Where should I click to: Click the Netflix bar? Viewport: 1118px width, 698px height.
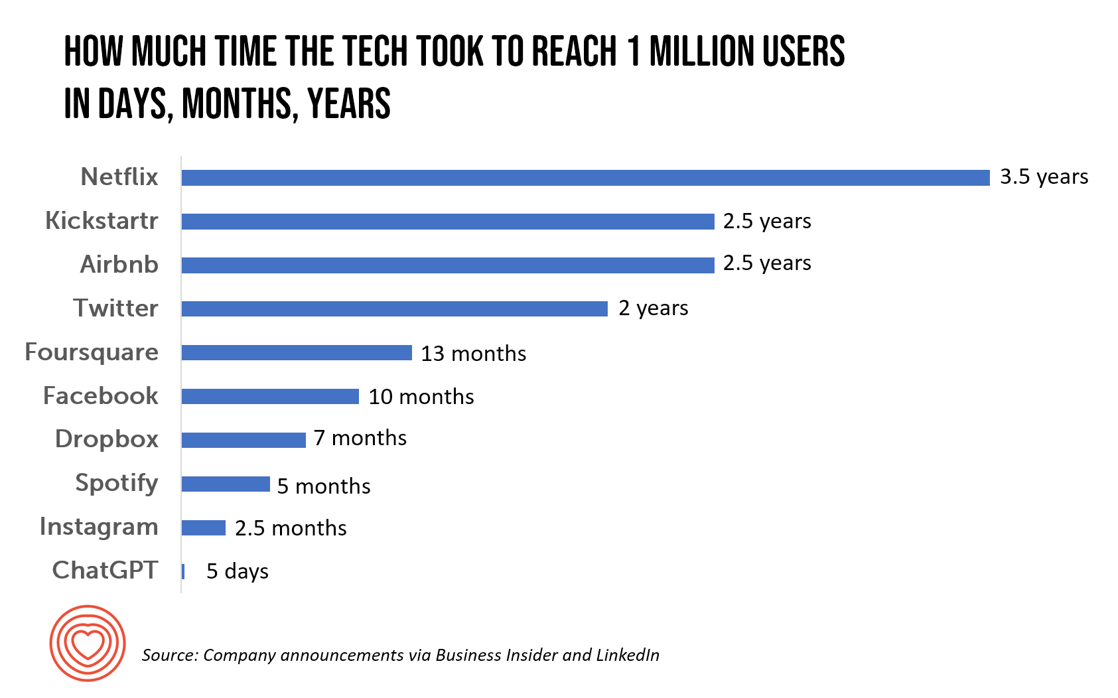pyautogui.click(x=585, y=178)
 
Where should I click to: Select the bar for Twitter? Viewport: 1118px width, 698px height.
pyautogui.click(x=394, y=309)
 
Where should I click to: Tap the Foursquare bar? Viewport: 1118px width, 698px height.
pyautogui.click(x=297, y=352)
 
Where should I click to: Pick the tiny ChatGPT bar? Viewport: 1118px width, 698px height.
pyautogui.click(x=183, y=571)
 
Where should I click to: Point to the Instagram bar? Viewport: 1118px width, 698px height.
pyautogui.click(x=204, y=528)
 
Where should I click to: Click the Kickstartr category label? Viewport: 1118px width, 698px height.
pyautogui.click(x=102, y=221)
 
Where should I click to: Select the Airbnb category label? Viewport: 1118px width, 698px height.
pyautogui.click(x=119, y=265)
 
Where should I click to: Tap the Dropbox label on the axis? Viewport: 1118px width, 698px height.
pyautogui.click(x=107, y=439)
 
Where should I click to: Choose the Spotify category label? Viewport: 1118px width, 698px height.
pyautogui.click(x=117, y=483)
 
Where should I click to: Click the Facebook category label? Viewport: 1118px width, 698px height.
pyautogui.click(x=101, y=396)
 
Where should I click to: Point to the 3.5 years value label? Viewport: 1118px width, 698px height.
pyautogui.click(x=1044, y=177)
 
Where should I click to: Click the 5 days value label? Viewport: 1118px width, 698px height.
pyautogui.click(x=238, y=571)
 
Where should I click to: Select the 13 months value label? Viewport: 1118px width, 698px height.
pyautogui.click(x=473, y=354)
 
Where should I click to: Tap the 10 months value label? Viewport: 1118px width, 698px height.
pyautogui.click(x=421, y=397)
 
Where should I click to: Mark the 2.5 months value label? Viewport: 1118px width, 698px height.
pyautogui.click(x=291, y=528)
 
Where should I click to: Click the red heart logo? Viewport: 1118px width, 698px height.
pyautogui.click(x=88, y=643)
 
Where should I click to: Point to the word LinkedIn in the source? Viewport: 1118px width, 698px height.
pyautogui.click(x=628, y=656)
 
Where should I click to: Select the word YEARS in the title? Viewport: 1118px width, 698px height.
pyautogui.click(x=349, y=104)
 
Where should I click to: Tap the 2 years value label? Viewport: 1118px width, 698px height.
pyautogui.click(x=654, y=309)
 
